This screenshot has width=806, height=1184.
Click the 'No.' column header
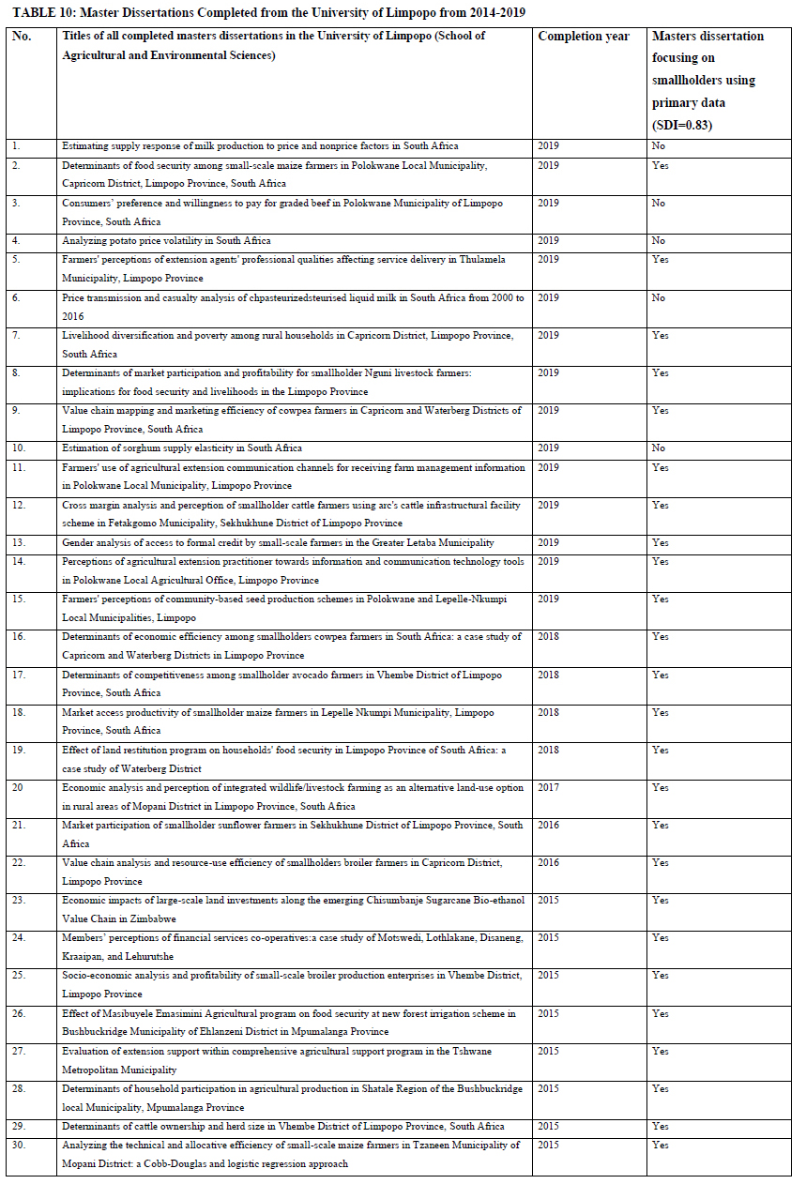[x=22, y=37]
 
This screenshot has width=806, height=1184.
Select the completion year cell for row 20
[x=549, y=788]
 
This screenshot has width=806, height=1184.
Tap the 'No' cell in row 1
[x=659, y=146]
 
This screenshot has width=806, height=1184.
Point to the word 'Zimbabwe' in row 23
[x=152, y=918]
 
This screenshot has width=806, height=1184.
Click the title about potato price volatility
[x=166, y=241]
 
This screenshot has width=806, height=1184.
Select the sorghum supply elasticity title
[x=182, y=448]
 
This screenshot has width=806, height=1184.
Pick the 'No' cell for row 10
[x=659, y=448]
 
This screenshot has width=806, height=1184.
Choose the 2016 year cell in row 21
[x=549, y=826]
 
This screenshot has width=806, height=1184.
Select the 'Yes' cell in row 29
[x=660, y=1126]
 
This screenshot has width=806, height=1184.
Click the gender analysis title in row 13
[x=278, y=542]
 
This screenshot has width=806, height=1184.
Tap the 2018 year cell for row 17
[x=549, y=675]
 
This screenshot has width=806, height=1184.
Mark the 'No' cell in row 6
[x=659, y=297]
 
